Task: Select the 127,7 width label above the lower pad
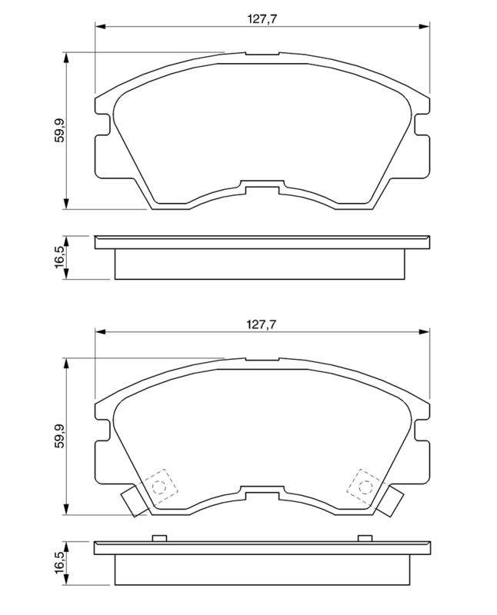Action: tap(262, 324)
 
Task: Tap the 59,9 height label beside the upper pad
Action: tap(58, 131)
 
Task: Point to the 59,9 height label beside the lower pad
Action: tap(58, 436)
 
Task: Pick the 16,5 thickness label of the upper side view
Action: tap(58, 257)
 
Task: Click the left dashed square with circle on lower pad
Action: tap(159, 486)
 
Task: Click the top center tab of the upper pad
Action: tap(262, 55)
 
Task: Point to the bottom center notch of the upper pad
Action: tap(262, 185)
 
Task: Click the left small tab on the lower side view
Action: tap(160, 537)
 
